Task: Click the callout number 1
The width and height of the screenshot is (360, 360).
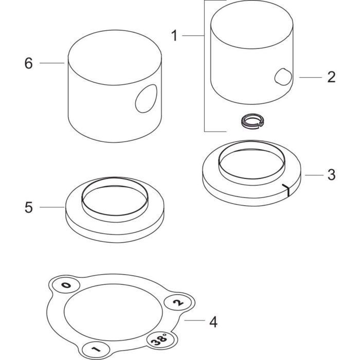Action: [174, 36]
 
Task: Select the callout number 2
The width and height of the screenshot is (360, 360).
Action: [331, 77]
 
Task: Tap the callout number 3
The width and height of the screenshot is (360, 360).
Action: [331, 175]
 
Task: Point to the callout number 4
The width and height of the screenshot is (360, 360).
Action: [213, 322]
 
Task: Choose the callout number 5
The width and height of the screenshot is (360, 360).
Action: [29, 208]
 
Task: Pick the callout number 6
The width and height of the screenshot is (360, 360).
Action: [28, 63]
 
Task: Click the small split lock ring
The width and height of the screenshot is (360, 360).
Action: [253, 120]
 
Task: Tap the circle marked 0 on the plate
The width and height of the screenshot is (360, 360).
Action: [66, 285]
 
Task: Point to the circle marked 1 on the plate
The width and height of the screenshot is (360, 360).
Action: [96, 349]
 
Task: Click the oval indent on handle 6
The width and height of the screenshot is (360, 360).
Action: [146, 99]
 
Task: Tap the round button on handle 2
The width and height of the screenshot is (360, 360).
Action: [283, 77]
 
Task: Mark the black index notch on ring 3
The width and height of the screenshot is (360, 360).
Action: [286, 190]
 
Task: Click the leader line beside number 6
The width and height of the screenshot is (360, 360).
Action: [52, 63]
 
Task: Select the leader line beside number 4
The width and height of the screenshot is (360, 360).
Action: [194, 320]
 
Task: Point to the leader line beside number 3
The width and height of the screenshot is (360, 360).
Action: [314, 175]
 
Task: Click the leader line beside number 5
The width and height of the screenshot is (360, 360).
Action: [52, 207]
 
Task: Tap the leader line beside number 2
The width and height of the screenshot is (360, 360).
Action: [311, 77]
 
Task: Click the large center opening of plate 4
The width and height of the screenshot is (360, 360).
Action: [113, 312]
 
